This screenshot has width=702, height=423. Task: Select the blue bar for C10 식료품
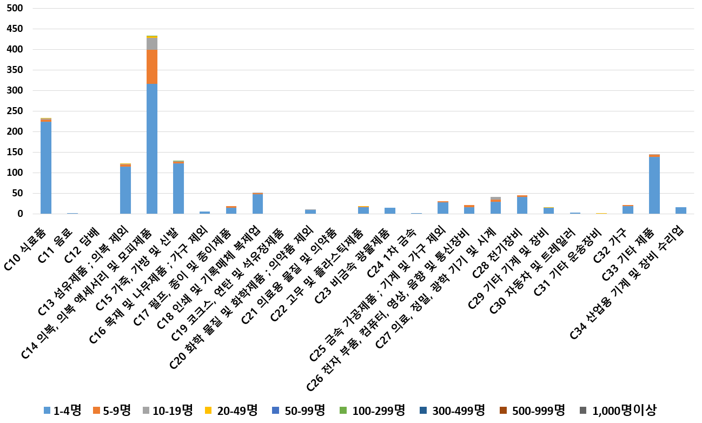[x=46, y=168]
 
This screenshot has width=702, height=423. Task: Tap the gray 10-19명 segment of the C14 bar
[x=152, y=43]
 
